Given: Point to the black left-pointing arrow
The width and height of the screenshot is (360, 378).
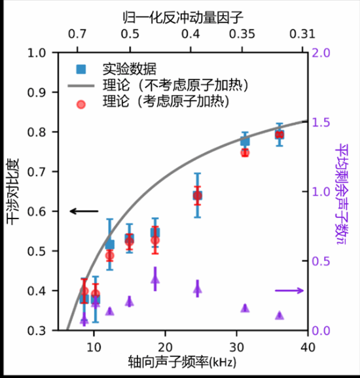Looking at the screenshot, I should [x=83, y=211].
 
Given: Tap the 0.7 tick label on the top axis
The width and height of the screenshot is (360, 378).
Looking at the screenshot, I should [x=77, y=33].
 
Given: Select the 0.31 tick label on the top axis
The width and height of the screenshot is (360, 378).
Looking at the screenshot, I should [x=306, y=33].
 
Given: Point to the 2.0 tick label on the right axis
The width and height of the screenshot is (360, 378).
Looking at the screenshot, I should [x=323, y=53].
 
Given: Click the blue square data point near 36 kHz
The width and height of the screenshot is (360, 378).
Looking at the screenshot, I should [x=279, y=134].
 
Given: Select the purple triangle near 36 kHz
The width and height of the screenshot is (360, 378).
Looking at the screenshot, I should [x=279, y=315].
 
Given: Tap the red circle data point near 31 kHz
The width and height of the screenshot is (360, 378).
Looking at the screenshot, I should [x=245, y=152].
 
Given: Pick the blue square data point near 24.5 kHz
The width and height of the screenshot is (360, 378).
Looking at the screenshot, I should [x=197, y=195].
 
